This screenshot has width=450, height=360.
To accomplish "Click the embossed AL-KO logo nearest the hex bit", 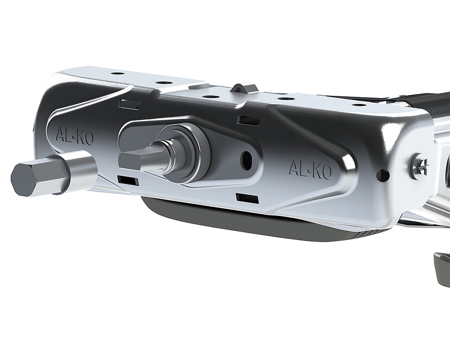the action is click(74, 136).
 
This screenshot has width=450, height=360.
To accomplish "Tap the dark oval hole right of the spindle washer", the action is click(246, 157).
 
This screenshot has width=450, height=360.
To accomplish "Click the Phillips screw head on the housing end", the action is click(419, 166).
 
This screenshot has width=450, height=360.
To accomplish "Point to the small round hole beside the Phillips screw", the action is click(384, 175).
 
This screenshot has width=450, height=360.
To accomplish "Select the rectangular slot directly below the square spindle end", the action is click(128, 180).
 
